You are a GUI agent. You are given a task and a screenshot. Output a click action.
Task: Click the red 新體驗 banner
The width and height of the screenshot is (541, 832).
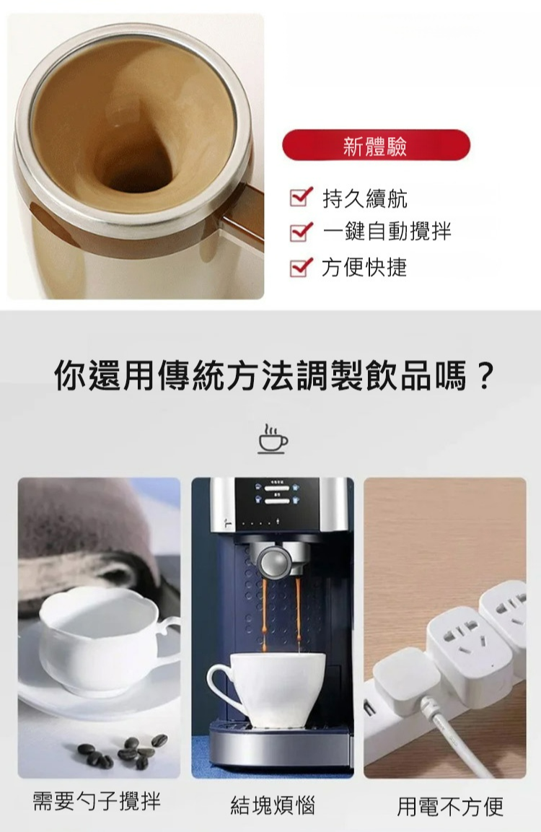coord(376,145)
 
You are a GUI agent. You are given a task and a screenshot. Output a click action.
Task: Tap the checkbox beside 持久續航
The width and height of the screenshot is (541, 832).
coord(301,198)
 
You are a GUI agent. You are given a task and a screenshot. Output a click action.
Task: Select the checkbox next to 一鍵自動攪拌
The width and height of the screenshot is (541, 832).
coord(301,232)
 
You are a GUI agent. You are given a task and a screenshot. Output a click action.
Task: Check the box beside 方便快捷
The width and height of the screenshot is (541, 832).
coord(301,266)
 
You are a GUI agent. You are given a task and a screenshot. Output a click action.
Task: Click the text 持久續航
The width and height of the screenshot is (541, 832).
coord(365,198)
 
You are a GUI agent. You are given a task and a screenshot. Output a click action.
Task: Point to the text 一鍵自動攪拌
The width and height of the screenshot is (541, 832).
coord(387,232)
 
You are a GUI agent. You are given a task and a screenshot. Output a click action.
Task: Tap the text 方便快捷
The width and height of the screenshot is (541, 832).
coord(364,267)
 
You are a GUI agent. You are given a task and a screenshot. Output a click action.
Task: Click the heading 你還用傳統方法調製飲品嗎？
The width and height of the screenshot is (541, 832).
coord(274,376)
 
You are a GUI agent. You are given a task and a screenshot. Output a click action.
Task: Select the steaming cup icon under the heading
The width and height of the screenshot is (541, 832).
coord(273,439)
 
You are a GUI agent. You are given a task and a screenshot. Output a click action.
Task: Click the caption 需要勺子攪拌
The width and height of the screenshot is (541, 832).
coord(97,801)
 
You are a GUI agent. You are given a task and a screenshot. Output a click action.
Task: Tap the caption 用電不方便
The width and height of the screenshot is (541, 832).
coord(450,806)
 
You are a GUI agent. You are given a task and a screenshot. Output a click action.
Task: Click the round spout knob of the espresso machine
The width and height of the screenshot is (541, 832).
coord(274,562)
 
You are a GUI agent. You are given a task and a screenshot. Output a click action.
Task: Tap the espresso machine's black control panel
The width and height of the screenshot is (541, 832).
coord(276,504)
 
